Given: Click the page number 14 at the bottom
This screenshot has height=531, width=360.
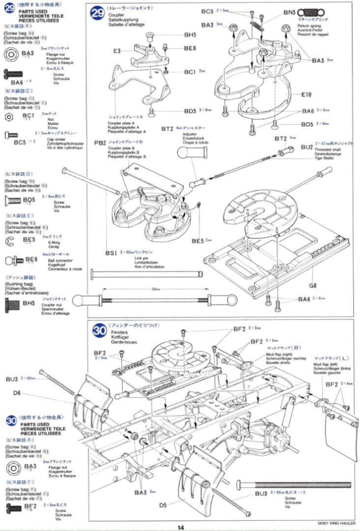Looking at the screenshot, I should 180,527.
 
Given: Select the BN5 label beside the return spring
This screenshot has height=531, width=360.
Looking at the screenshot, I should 290,12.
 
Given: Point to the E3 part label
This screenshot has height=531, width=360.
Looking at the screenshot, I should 117,51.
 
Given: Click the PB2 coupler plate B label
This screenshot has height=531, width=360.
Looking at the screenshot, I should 100,143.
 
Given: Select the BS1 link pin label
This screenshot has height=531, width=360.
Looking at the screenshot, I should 111,253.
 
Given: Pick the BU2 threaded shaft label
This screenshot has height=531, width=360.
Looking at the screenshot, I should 306,147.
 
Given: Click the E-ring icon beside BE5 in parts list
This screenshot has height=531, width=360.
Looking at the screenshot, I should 9,241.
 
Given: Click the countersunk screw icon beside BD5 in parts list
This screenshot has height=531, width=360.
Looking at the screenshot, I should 12,201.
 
